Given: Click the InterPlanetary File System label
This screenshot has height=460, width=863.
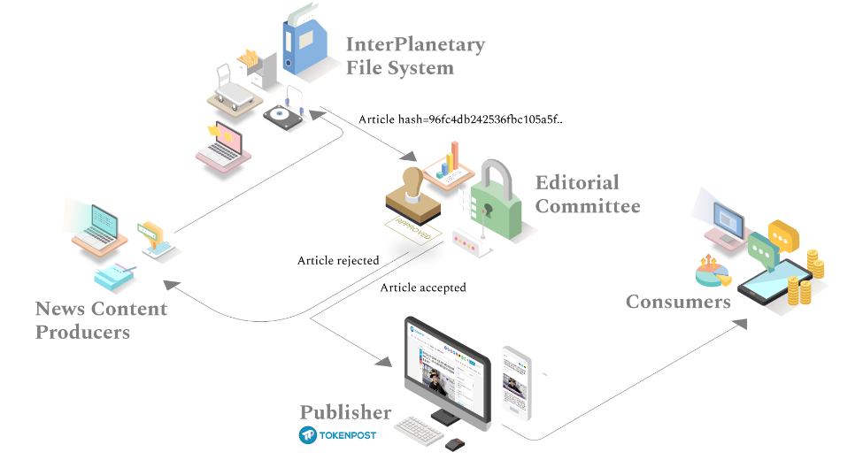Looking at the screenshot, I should [x=414, y=56].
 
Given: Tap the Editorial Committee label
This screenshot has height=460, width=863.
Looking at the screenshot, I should [x=587, y=195].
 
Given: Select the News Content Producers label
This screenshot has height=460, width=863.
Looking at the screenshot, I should [x=101, y=320].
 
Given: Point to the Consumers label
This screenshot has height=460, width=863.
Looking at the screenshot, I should [x=678, y=302].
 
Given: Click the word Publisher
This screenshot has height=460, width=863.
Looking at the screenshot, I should [x=345, y=412].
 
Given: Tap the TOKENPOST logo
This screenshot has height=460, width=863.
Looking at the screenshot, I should [x=337, y=435].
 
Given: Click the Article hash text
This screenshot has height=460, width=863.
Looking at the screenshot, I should [x=459, y=119].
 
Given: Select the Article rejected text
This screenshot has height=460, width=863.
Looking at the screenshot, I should [x=338, y=261].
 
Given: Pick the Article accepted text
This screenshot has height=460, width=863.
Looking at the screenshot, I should [x=423, y=287].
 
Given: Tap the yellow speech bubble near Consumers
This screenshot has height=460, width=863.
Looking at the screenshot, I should [x=783, y=234].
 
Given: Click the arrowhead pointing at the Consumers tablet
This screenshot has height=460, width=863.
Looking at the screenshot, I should [x=742, y=324].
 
